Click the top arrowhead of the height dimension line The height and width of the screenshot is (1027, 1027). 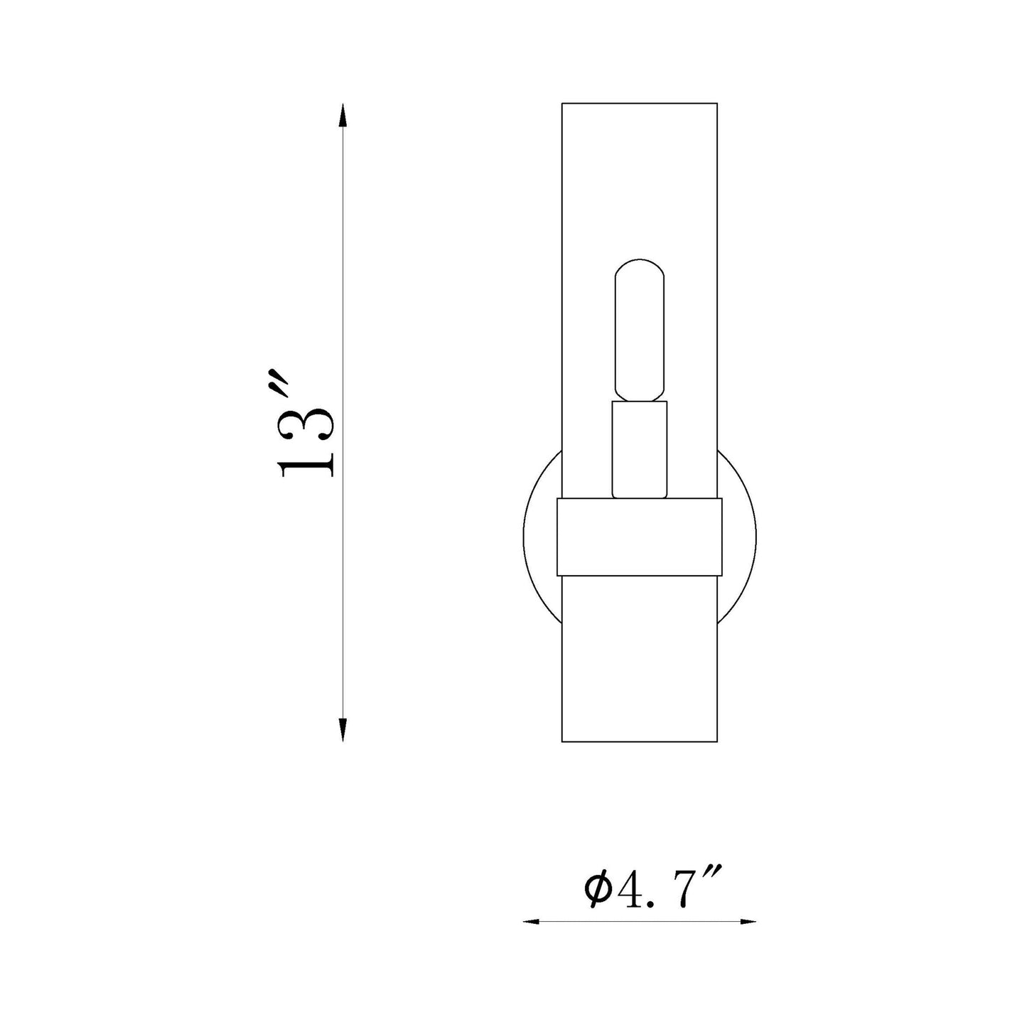coord(343,114)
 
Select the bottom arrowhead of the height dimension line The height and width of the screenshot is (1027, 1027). coord(343,730)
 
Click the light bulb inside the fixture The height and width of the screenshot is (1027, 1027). coord(640,330)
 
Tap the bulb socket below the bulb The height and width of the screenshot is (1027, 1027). coord(640,449)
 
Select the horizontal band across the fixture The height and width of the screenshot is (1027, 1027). coord(640,537)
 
